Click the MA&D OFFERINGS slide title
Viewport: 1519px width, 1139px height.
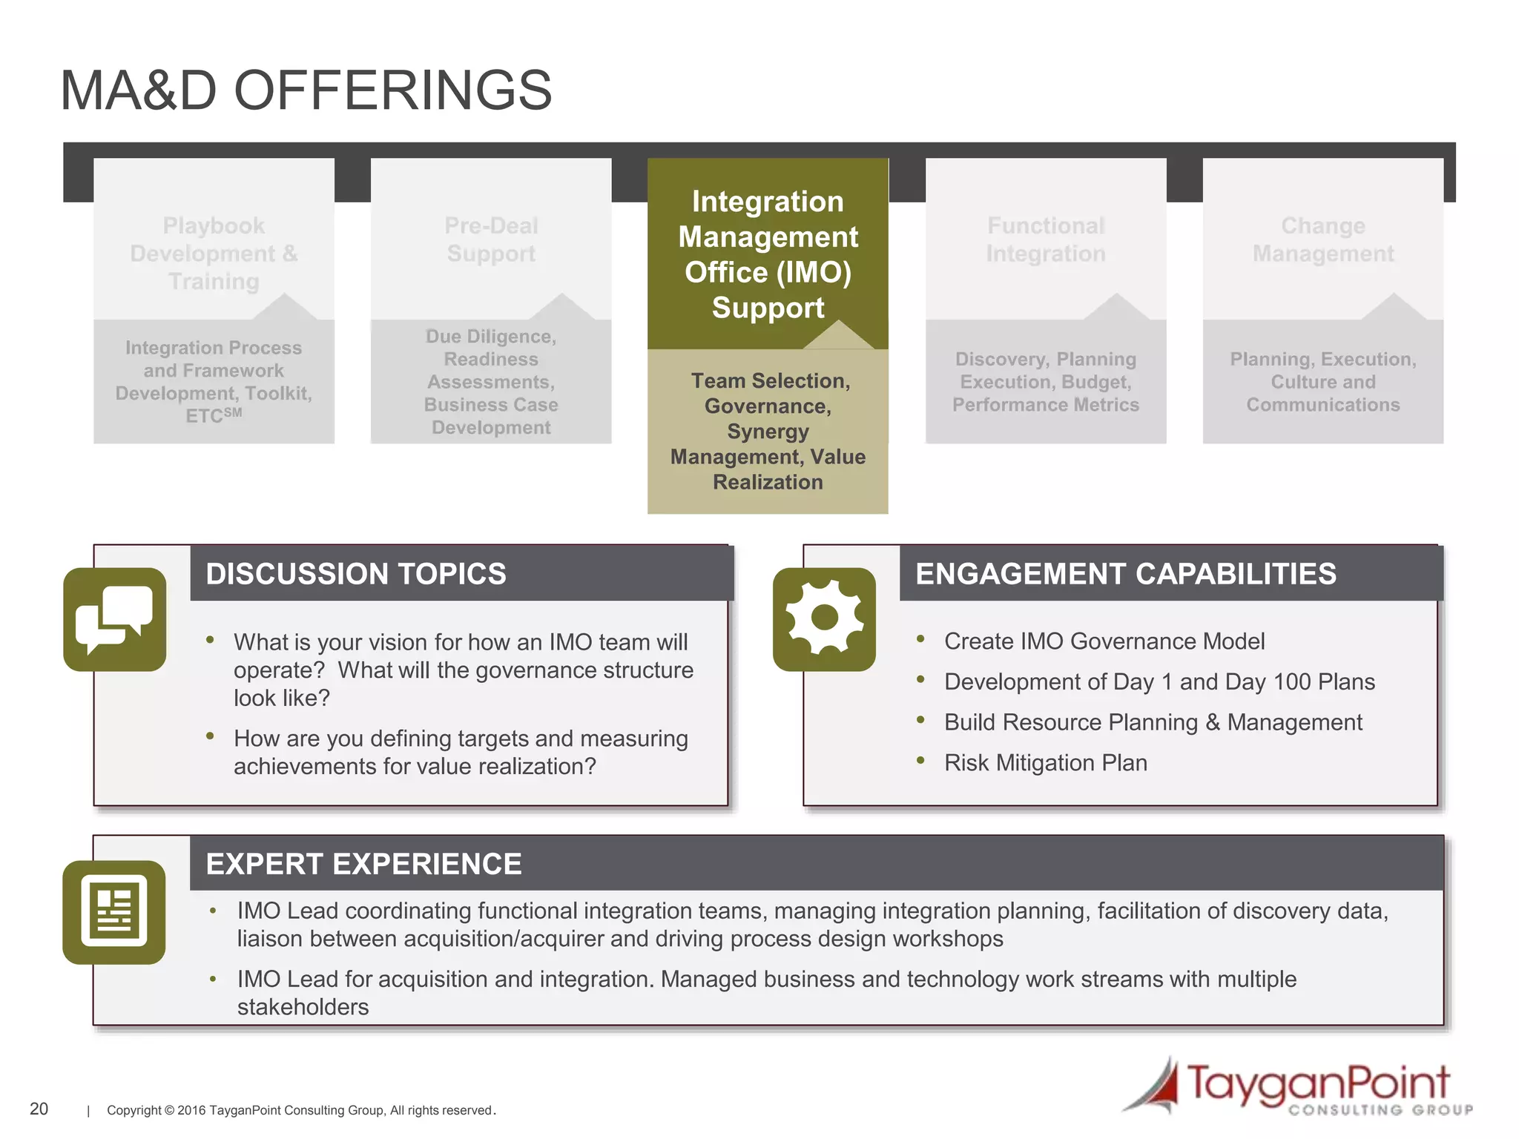tap(306, 90)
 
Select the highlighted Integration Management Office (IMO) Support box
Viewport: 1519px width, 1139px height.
tap(768, 254)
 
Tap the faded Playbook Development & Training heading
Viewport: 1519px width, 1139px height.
tap(214, 253)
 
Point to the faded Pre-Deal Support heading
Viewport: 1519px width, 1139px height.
tap(491, 239)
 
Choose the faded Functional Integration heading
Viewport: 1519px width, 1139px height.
tap(1045, 239)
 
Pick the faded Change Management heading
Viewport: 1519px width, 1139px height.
tap(1322, 239)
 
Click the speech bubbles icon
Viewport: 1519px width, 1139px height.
tap(114, 619)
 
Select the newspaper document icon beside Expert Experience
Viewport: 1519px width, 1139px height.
tap(114, 911)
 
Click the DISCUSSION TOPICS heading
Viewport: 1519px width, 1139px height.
tap(356, 574)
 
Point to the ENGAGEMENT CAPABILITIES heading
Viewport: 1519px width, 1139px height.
tap(1125, 574)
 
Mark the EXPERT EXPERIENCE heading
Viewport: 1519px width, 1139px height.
tap(363, 864)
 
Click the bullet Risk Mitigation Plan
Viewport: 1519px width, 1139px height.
tap(1045, 762)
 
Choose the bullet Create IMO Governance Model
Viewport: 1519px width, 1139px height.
tap(1104, 641)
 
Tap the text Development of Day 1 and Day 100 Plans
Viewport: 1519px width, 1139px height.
tap(1159, 681)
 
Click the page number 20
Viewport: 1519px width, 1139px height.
tap(39, 1109)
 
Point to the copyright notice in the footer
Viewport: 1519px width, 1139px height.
tap(300, 1110)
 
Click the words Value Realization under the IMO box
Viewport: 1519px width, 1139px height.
tap(768, 469)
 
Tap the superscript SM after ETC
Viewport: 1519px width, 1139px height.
tap(232, 412)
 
